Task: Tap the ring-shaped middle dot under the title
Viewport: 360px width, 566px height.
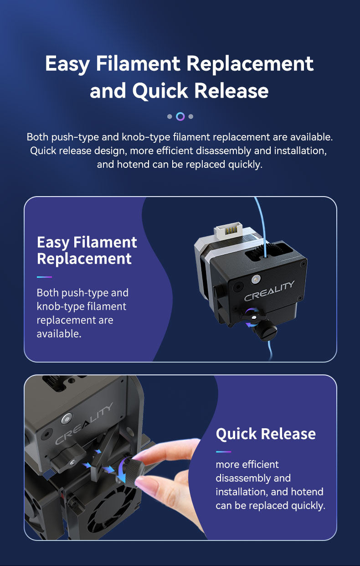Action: point(180,116)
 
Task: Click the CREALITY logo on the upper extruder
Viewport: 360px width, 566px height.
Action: point(269,291)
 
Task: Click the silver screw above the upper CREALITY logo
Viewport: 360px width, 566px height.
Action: point(254,279)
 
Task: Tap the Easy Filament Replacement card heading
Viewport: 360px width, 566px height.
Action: point(87,250)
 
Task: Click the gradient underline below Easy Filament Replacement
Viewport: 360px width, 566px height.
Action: point(44,277)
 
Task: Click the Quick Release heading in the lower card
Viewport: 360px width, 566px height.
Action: point(266,434)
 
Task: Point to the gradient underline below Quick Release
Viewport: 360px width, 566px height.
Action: point(223,452)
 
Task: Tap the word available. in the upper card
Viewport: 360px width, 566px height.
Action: point(59,334)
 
